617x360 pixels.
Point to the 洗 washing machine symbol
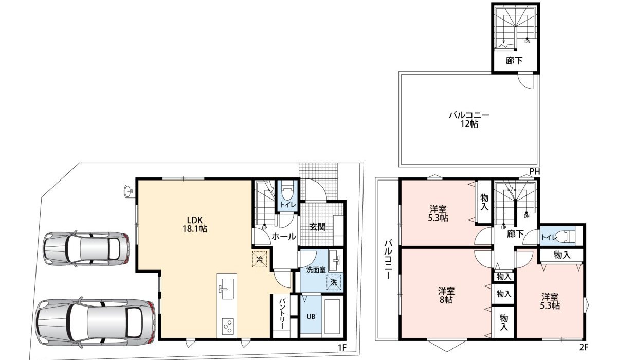pos(334,282)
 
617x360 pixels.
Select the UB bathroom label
pos(311,316)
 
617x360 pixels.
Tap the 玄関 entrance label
pos(317,226)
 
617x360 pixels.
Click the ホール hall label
pos(283,237)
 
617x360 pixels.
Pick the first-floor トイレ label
pos(287,205)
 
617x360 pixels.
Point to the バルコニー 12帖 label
pos(468,119)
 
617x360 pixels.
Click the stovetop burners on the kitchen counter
pos(227,325)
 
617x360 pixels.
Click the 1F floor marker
pos(342,348)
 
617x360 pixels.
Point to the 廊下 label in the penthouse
pos(514,61)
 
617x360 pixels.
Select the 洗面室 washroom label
pos(316,270)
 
